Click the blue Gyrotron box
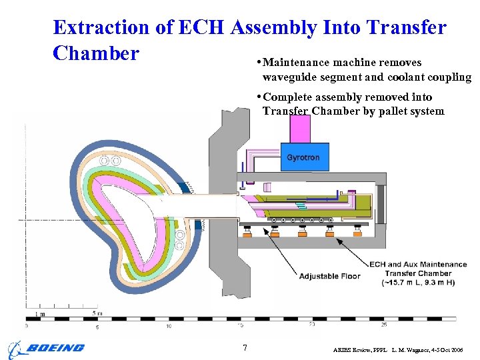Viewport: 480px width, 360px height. pos(303,157)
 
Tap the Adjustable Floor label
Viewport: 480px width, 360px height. pos(329,276)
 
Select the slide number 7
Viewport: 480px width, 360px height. pos(245,348)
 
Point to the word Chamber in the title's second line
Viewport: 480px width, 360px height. pos(96,53)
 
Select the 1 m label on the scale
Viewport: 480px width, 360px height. pos(41,313)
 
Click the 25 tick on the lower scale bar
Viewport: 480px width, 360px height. pos(384,325)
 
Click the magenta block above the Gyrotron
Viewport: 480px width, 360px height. pos(300,129)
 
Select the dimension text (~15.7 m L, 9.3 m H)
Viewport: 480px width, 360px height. pos(418,282)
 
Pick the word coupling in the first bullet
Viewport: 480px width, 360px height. pos(449,77)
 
